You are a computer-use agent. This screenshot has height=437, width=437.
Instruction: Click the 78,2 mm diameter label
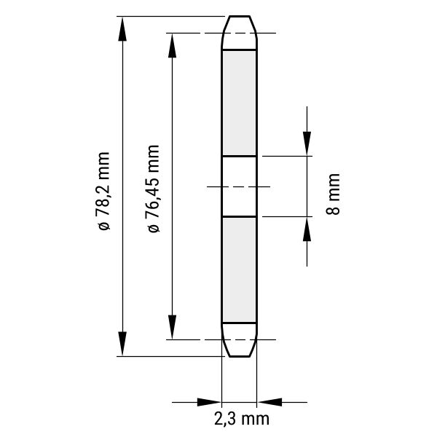(x=103, y=192)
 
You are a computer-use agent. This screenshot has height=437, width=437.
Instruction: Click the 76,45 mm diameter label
(x=153, y=189)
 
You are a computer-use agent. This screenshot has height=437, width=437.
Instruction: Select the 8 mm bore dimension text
(x=333, y=194)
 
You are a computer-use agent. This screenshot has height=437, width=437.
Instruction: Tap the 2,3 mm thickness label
(x=242, y=419)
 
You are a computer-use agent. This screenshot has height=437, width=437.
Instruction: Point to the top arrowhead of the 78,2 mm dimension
(x=122, y=28)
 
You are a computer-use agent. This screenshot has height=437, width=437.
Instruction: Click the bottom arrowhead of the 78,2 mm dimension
(x=122, y=344)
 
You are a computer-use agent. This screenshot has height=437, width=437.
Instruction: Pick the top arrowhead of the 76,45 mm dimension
(x=172, y=45)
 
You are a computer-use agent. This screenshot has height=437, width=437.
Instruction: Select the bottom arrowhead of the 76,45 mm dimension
(x=172, y=327)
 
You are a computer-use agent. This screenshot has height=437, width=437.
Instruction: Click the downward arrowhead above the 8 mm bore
(x=307, y=143)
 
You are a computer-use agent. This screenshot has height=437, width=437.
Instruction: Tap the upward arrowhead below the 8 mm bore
(x=307, y=229)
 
